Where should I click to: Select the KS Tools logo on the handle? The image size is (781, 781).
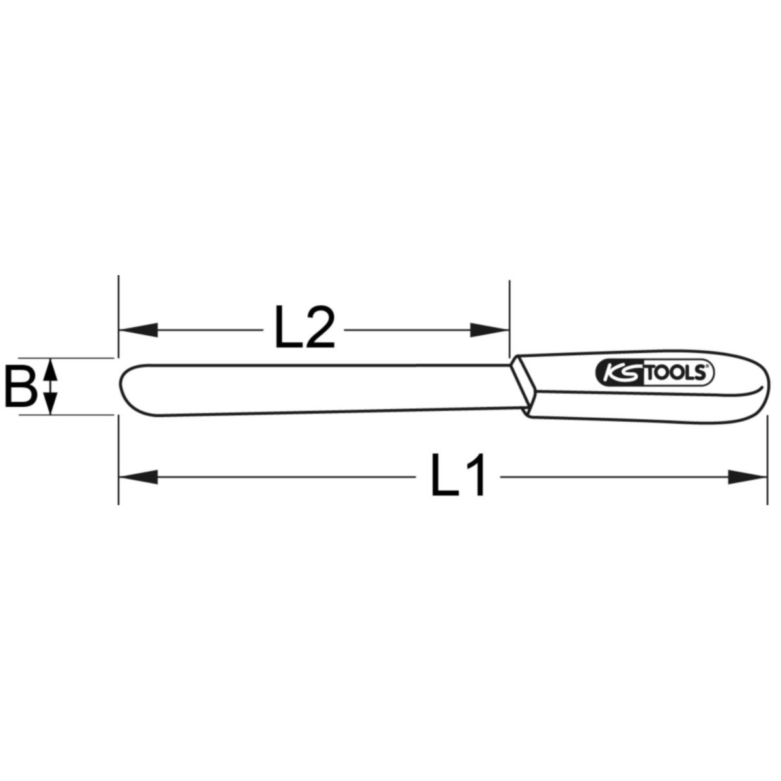coord(654,374)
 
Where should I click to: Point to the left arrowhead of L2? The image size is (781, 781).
coord(138,330)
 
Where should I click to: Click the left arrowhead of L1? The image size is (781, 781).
coord(138,477)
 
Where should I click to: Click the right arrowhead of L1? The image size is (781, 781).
coord(747,477)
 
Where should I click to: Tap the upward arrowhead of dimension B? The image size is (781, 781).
coord(50,370)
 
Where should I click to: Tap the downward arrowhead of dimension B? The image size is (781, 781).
coord(50,403)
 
